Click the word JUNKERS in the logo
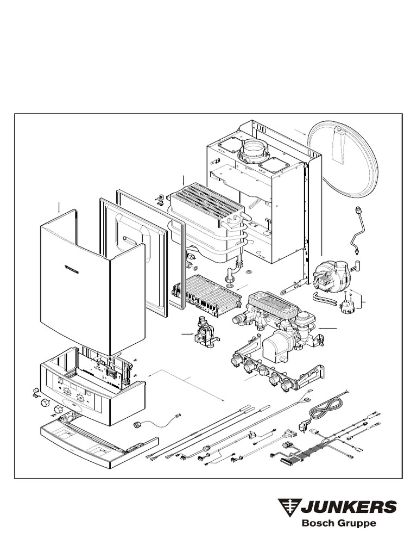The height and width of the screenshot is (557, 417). [349, 506]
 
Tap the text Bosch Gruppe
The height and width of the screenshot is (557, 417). [339, 524]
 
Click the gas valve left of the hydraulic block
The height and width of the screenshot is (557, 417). [205, 333]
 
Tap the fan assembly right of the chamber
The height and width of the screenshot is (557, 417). [330, 271]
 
